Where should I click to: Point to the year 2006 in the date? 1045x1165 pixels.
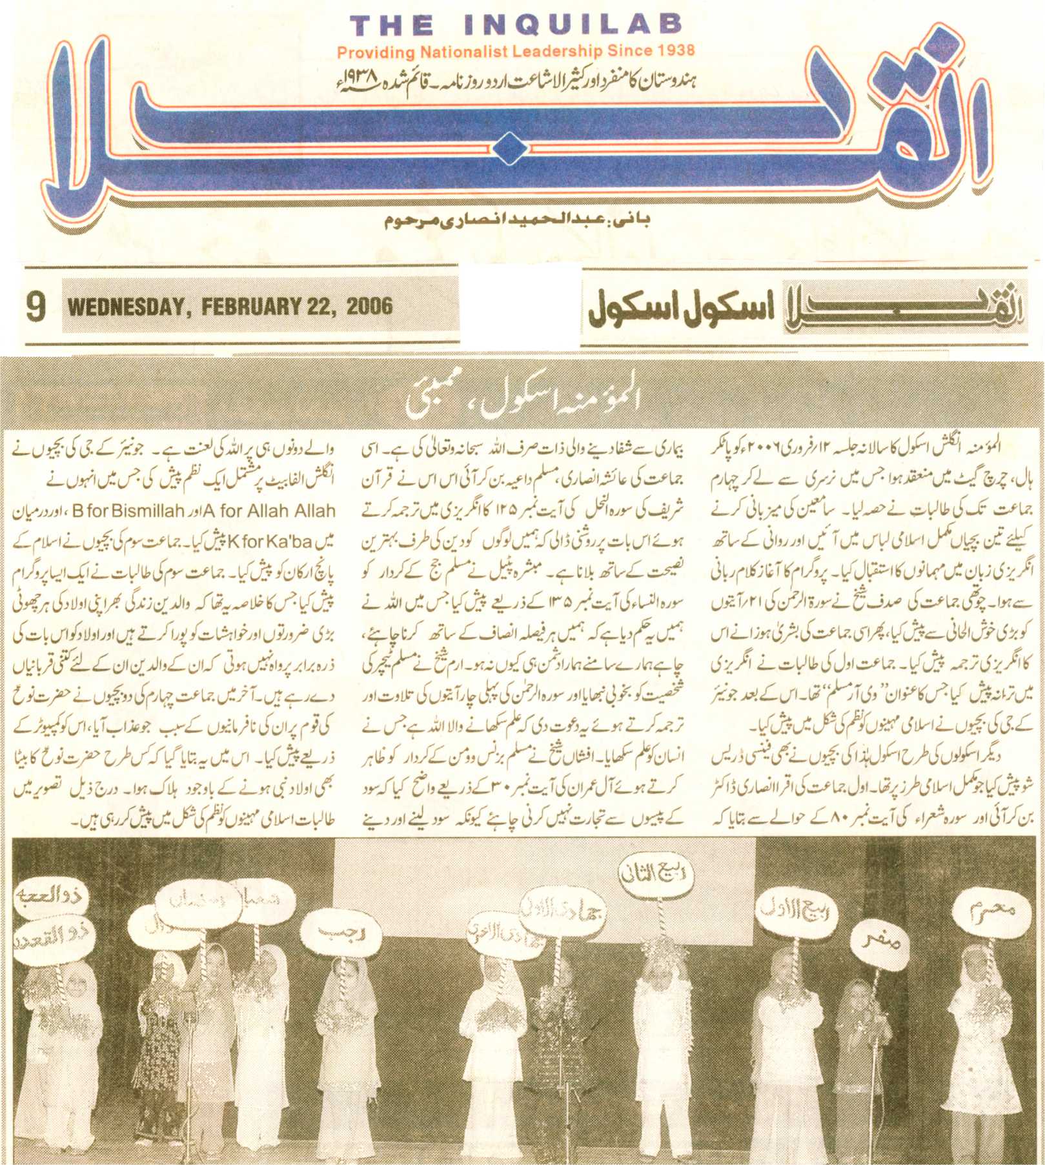click(369, 305)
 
